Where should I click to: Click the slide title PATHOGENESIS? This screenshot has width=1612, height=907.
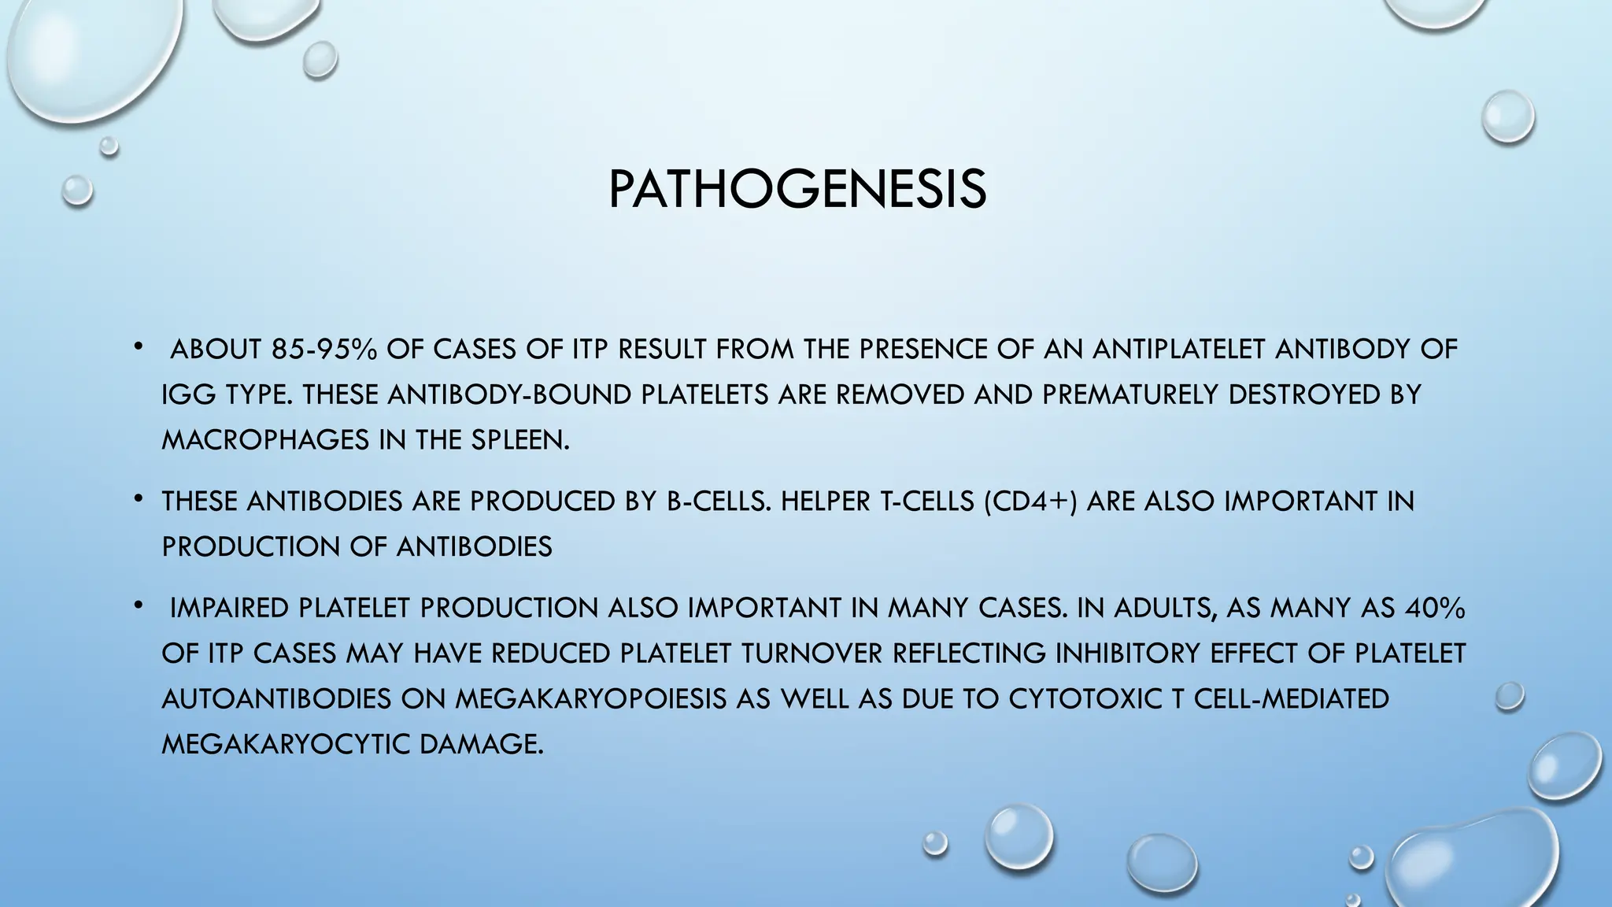coord(797,189)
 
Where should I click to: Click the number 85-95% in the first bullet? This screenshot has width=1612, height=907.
coord(324,349)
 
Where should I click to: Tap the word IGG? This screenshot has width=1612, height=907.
coord(188,394)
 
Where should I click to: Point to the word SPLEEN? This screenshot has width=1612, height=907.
coord(519,440)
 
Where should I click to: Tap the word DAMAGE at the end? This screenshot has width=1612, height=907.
coord(482,744)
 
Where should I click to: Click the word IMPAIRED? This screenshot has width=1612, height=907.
coord(230,608)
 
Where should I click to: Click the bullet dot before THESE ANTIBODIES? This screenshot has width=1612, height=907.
coord(138,498)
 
